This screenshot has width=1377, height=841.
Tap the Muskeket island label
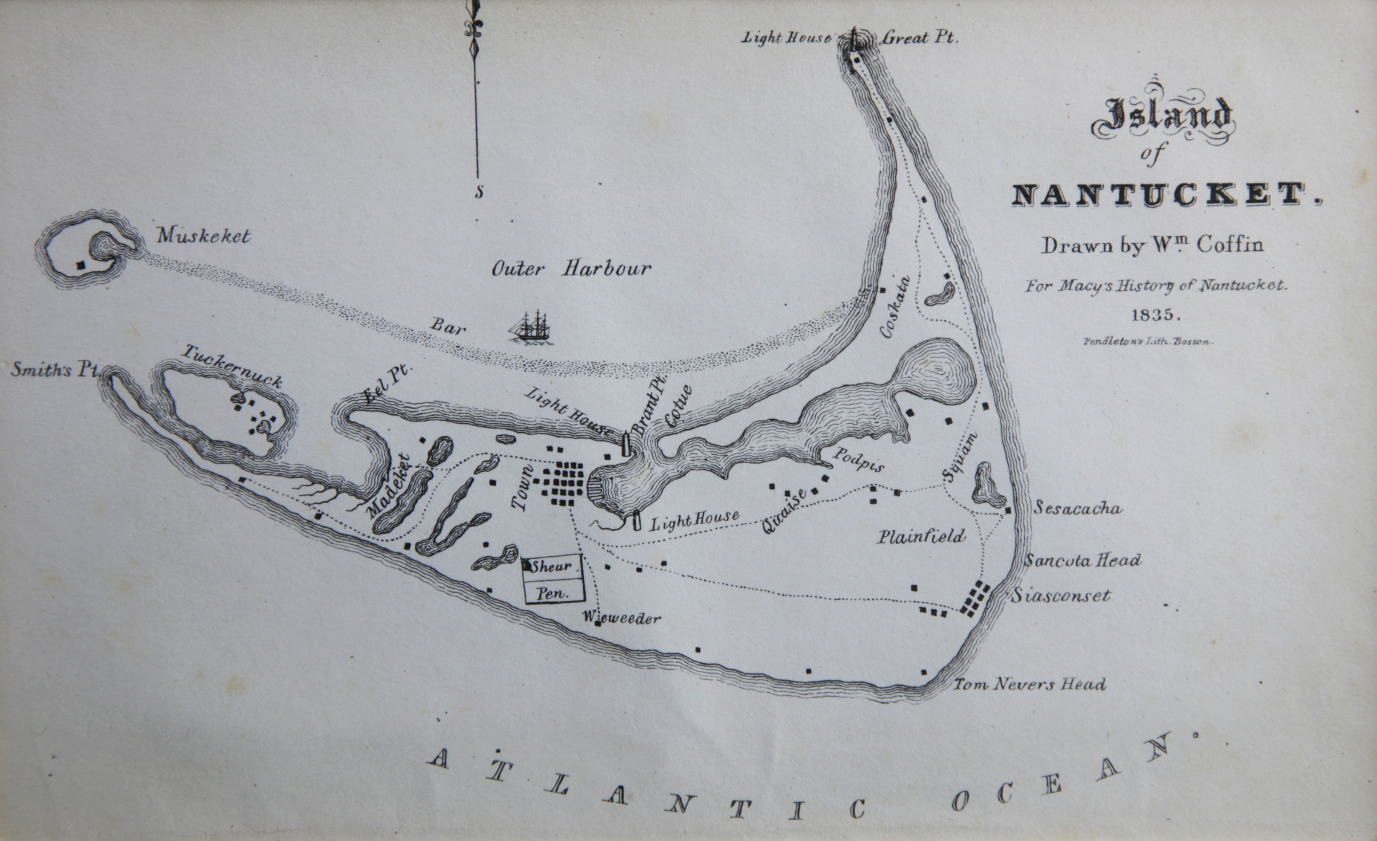[203, 236]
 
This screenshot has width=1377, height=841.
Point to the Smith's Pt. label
[54, 370]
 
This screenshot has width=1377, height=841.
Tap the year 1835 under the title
[1156, 315]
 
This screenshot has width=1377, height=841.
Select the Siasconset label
[1060, 595]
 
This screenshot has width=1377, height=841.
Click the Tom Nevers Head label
[1028, 685]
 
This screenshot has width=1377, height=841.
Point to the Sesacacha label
[1077, 509]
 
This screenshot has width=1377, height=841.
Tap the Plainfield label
[920, 537]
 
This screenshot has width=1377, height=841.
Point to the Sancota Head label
[1082, 561]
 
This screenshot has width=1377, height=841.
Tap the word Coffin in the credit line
[1229, 245]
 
